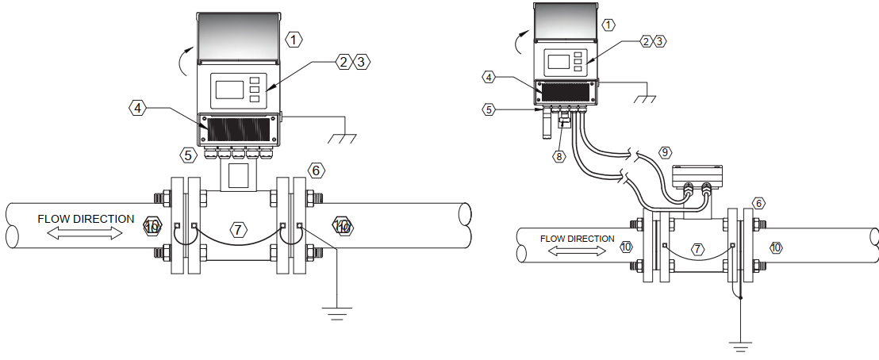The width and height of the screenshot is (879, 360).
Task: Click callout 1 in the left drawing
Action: point(294,40)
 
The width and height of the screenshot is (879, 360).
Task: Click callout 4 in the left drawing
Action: point(136,108)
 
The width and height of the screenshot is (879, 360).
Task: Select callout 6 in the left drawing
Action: point(316,170)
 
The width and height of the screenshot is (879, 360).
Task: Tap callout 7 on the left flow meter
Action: point(238,229)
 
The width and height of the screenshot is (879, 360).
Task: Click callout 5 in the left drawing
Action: point(189,155)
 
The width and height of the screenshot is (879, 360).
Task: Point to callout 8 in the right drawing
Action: point(559,156)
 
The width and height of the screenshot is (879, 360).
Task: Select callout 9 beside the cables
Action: point(664,152)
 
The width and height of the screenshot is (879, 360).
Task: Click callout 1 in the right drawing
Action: point(608,25)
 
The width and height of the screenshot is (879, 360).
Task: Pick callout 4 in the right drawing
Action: point(489,78)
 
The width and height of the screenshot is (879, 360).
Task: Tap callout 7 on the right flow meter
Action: point(697,250)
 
